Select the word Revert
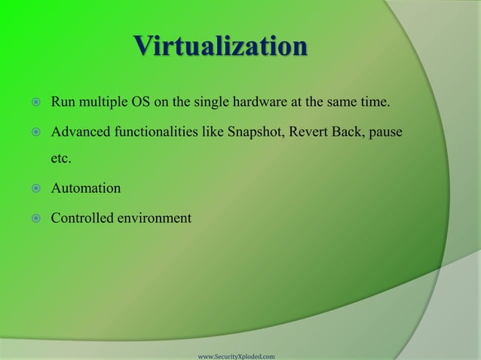313,133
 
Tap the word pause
384,133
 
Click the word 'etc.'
61,160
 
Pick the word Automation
85,189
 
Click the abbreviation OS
142,102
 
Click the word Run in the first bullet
62,102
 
